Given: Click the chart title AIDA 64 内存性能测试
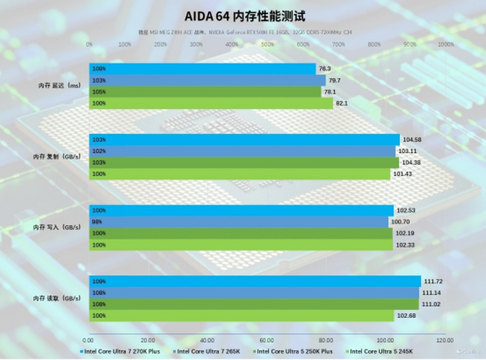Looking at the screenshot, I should (x=245, y=17).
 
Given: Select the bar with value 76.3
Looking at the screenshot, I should (x=202, y=69).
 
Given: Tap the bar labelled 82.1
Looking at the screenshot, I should (x=211, y=103).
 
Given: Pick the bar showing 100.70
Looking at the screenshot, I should (x=239, y=222).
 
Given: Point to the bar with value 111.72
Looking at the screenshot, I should (x=255, y=281).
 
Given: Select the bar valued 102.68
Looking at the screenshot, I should (x=241, y=315).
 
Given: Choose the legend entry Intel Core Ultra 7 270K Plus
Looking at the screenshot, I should (x=122, y=351).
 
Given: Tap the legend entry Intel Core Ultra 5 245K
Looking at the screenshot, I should (x=381, y=351).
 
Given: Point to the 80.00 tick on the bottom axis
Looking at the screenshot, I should (x=326, y=340).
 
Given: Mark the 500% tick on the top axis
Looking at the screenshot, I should (x=267, y=45).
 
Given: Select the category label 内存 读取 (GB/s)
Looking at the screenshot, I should (x=57, y=298).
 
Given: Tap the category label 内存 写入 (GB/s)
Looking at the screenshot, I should (x=57, y=228).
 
